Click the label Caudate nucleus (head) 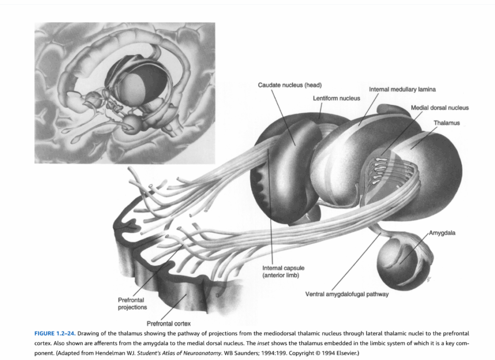290,85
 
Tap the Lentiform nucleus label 336,98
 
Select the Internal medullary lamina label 402,90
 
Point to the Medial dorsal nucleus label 440,108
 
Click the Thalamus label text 446,123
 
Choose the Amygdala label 442,233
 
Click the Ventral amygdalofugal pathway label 347,294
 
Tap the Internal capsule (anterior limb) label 283,271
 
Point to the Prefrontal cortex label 169,324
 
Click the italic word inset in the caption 263,343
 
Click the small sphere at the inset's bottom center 131,124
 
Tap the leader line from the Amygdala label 414,248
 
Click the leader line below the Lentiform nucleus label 320,110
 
